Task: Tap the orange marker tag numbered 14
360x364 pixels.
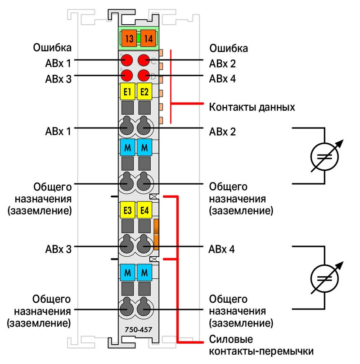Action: (x=148, y=38)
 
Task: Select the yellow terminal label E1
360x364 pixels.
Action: (x=127, y=92)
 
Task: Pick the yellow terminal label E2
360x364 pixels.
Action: (x=144, y=92)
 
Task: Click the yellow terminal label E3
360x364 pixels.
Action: (x=127, y=210)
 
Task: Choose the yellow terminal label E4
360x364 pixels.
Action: (x=144, y=210)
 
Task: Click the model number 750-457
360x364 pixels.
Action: (x=138, y=329)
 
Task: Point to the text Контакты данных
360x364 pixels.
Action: (x=252, y=107)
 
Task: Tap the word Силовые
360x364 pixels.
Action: (x=231, y=339)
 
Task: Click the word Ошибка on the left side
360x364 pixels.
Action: (x=52, y=48)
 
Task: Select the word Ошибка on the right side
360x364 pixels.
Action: (x=229, y=48)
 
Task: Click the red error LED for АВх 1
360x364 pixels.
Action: (x=126, y=60)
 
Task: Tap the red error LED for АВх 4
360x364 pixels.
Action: (x=144, y=75)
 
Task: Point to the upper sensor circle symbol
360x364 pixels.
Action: (x=324, y=157)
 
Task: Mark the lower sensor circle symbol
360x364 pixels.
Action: (x=324, y=278)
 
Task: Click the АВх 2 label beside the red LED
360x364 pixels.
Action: (x=222, y=64)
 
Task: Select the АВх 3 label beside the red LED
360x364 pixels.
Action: (x=58, y=79)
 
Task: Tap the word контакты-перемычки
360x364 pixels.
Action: (x=261, y=351)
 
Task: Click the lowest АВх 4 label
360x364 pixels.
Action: (x=221, y=249)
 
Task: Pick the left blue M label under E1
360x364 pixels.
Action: (x=127, y=147)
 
